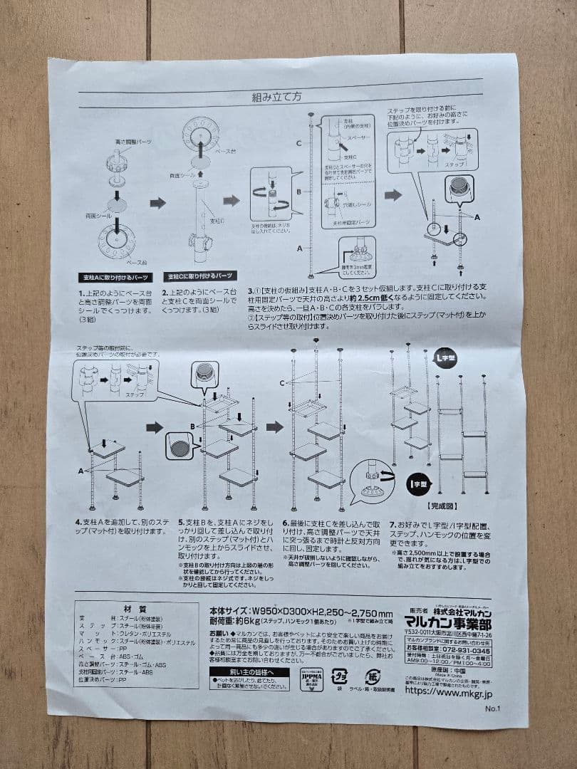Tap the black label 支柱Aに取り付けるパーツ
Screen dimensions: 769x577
click(x=117, y=277)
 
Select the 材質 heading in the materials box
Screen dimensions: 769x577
click(x=135, y=609)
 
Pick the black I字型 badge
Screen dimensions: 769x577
click(x=417, y=485)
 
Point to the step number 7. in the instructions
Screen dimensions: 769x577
click(x=393, y=523)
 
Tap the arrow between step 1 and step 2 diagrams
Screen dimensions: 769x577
click(x=157, y=203)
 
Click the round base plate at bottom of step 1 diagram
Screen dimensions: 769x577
click(x=114, y=241)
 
